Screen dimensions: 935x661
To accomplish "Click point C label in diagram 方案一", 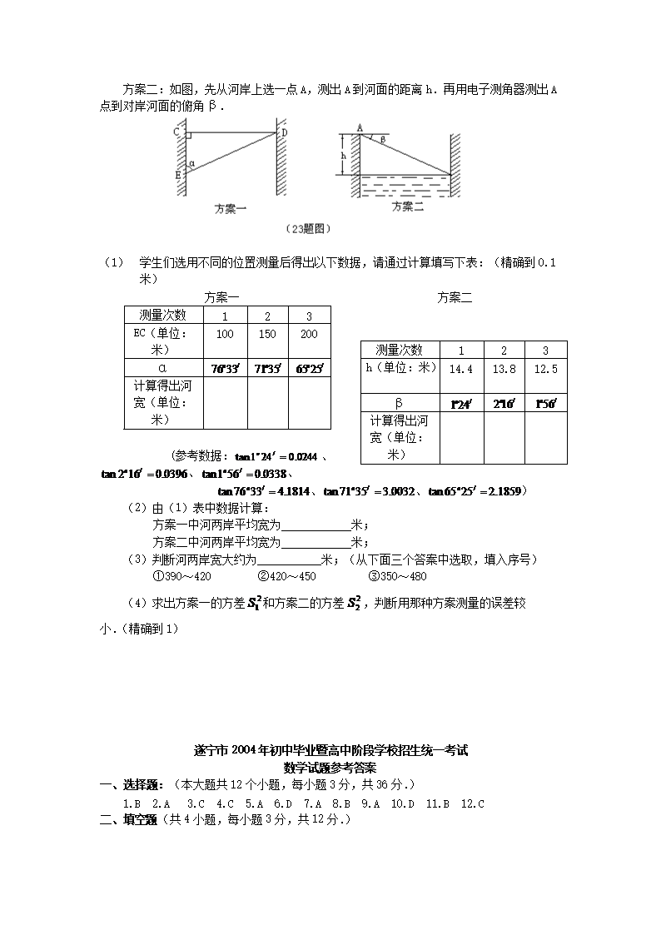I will coord(177,132).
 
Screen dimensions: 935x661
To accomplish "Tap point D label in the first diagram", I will coord(284,132).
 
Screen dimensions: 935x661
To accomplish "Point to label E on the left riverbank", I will coord(177,175).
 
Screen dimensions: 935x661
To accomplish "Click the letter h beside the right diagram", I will coord(342,154).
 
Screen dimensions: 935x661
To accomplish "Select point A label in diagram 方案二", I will coord(360,127).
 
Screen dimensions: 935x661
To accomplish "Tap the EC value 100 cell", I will coord(225,334).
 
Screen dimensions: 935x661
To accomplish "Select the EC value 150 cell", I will coord(267,334).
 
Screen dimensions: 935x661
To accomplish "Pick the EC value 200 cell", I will coord(309,334).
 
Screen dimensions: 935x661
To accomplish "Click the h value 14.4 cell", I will coord(460,368).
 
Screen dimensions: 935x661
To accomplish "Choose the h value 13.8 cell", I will coord(504,368).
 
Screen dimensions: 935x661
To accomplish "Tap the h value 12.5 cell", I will coord(546,368).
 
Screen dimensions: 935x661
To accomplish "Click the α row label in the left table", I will coord(163,368).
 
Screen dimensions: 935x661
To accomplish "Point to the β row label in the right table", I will coord(399,403).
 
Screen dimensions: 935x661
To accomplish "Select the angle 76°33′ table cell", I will coord(225,368).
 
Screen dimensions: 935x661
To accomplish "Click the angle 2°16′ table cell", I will coord(504,404).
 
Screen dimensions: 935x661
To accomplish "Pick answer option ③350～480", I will coord(396,575).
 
